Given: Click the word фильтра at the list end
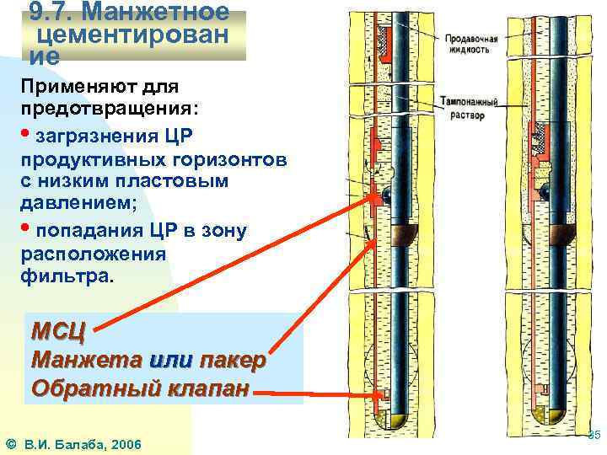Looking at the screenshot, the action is tap(67, 276).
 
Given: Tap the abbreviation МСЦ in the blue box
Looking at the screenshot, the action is tap(58, 329).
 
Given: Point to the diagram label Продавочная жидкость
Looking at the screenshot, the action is tap(471, 44).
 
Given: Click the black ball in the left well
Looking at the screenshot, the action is tap(385, 195).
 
